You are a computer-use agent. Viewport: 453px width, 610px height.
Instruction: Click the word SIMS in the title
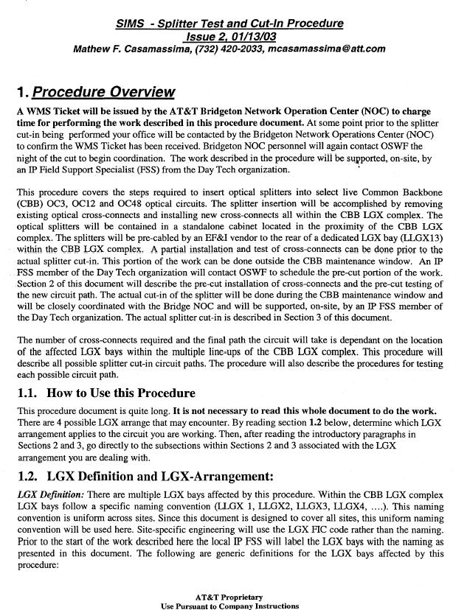(x=130, y=24)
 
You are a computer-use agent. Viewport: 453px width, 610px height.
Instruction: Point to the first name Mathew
(x=94, y=49)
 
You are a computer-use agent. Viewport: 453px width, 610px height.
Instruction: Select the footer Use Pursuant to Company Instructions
(x=229, y=606)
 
